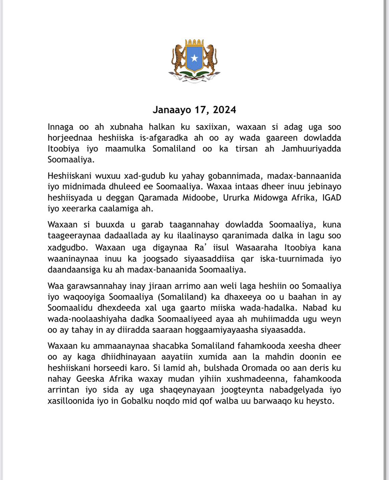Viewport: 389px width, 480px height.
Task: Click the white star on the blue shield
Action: (x=194, y=59)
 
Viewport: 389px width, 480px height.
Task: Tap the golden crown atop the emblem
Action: (x=194, y=43)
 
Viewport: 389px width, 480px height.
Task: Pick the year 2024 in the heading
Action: (x=225, y=110)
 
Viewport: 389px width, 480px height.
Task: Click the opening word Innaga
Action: (x=60, y=127)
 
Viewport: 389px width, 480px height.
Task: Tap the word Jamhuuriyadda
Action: (x=311, y=149)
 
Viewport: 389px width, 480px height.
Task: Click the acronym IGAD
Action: (x=332, y=198)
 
